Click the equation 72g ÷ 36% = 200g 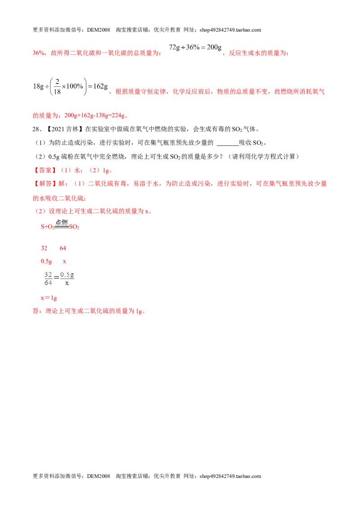(195, 47)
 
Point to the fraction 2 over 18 (57, 87)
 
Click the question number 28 (36, 129)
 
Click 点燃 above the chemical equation (61, 223)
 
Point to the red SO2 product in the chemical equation (74, 227)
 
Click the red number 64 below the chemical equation (63, 248)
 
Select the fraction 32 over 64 (48, 278)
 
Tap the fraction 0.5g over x (67, 278)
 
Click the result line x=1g (49, 298)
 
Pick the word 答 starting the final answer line (36, 311)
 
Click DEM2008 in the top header (99, 30)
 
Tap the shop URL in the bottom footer (230, 476)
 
